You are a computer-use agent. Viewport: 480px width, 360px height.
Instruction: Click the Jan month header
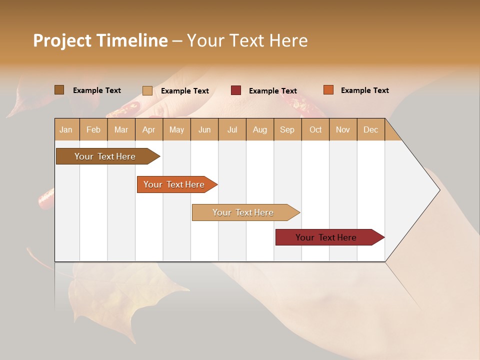66,129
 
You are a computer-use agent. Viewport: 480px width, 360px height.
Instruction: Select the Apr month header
148,129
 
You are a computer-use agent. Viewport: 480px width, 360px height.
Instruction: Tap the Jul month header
232,129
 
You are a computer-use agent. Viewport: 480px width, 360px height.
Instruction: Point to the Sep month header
287,129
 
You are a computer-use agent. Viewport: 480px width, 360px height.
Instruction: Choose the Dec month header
370,129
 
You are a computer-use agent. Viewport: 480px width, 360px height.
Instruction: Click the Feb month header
93,129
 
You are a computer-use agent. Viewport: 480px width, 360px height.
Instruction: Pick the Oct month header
315,129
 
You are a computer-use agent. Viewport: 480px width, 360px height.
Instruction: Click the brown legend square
59,90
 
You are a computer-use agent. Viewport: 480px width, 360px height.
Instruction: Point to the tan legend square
147,90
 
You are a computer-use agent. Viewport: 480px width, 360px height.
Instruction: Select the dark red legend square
235,90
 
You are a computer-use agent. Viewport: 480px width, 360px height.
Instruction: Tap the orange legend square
328,90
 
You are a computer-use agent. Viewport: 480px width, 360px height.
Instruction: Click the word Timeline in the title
132,40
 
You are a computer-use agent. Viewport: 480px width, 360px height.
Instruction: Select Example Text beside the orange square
364,90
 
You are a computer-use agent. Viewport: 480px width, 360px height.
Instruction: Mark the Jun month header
204,129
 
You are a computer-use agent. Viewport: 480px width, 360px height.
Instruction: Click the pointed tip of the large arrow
439,190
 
